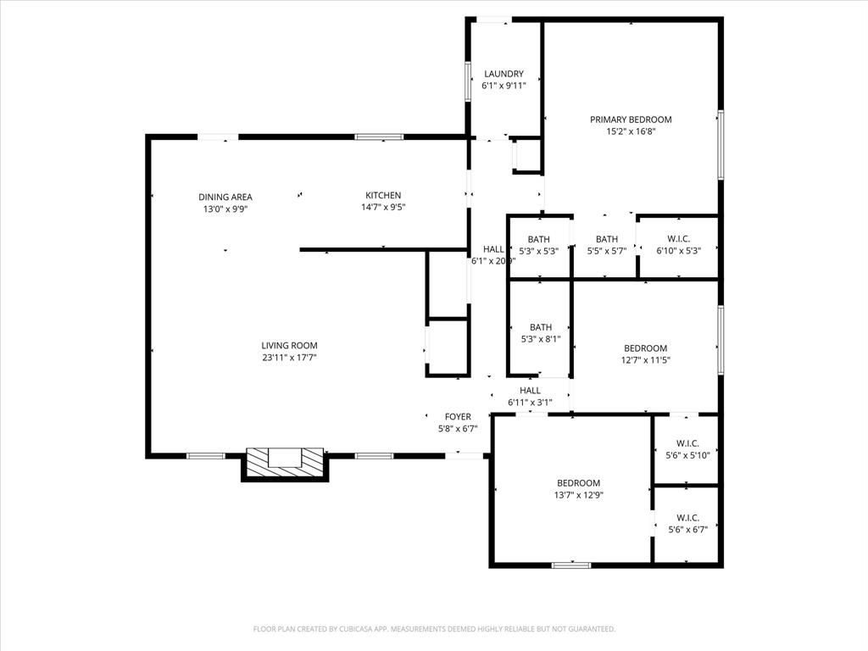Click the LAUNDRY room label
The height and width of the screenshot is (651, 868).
click(504, 74)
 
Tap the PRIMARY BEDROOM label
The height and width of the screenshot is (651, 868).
click(631, 120)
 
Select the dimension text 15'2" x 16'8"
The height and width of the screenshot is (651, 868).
click(631, 131)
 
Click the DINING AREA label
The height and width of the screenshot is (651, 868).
click(225, 197)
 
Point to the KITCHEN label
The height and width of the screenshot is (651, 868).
click(383, 195)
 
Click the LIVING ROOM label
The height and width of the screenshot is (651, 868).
click(289, 345)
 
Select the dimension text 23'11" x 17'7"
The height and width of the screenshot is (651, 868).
click(289, 358)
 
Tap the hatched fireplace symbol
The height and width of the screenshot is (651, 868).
click(285, 464)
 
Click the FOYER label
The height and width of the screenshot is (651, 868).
click(459, 416)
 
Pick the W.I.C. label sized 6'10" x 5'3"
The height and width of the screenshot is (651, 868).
click(678, 239)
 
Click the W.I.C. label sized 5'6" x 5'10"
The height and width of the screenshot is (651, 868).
click(687, 443)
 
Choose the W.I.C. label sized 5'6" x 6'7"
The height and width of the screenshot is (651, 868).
click(687, 517)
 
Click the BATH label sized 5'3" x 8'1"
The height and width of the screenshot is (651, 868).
click(541, 327)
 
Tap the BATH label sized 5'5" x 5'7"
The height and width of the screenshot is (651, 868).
click(607, 239)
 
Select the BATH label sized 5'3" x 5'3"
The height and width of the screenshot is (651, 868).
click(539, 239)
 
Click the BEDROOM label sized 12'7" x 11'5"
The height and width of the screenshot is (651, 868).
click(646, 348)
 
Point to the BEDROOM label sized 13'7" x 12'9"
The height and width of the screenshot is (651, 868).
click(579, 483)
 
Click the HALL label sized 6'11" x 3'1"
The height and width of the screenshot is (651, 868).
click(531, 390)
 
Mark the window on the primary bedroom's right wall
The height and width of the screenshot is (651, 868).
click(721, 144)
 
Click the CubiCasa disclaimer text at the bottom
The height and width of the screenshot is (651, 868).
click(434, 629)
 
